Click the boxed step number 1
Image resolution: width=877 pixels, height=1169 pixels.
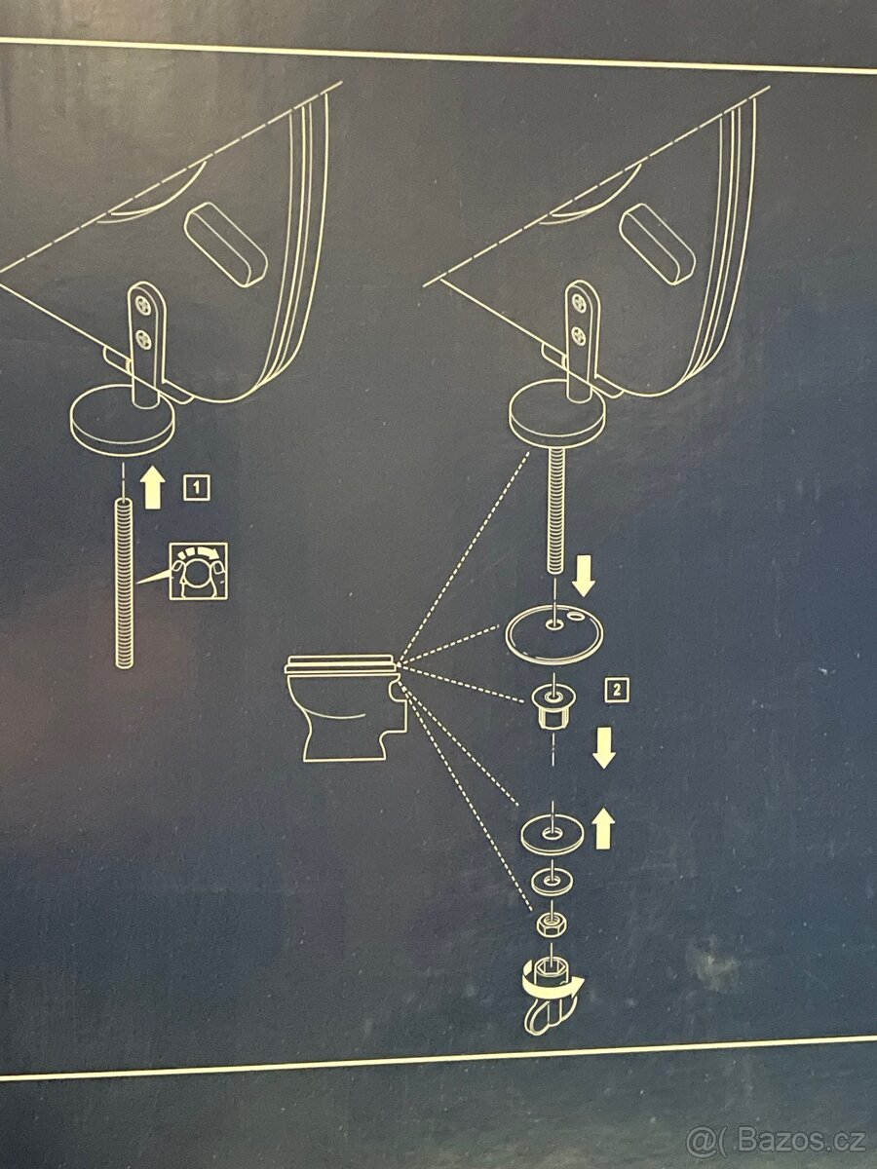click(197, 488)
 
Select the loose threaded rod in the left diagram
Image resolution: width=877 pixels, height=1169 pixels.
click(125, 583)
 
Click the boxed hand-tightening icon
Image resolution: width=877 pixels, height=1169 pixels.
click(198, 572)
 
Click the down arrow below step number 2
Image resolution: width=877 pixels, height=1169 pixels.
click(604, 749)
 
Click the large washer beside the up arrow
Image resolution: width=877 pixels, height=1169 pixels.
click(553, 835)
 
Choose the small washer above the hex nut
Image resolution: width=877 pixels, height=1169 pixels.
click(552, 883)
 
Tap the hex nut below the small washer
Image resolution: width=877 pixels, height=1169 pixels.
click(552, 924)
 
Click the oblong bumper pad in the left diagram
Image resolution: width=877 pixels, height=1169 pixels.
click(226, 245)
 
